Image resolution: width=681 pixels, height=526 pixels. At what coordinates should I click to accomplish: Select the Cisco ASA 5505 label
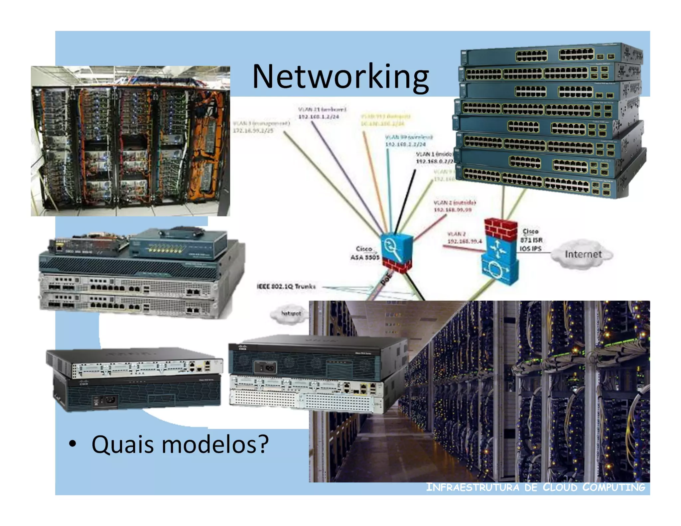364,253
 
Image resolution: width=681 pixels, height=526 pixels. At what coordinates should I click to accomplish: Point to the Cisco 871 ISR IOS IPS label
531,240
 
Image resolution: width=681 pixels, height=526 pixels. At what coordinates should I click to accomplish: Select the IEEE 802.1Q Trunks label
286,286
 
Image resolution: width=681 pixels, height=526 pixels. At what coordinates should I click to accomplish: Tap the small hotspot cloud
291,313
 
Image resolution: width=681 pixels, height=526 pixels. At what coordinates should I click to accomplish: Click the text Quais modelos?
180,444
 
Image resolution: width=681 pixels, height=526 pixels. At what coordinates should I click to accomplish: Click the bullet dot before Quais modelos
72,444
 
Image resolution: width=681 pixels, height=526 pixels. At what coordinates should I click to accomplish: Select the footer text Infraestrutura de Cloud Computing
535,487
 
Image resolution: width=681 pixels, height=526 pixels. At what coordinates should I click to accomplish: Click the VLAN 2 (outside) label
455,202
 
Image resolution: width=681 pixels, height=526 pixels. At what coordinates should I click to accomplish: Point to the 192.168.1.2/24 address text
319,117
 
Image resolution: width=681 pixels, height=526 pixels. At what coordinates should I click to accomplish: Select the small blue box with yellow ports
178,244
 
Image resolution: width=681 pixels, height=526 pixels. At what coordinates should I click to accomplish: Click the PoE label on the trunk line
386,279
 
